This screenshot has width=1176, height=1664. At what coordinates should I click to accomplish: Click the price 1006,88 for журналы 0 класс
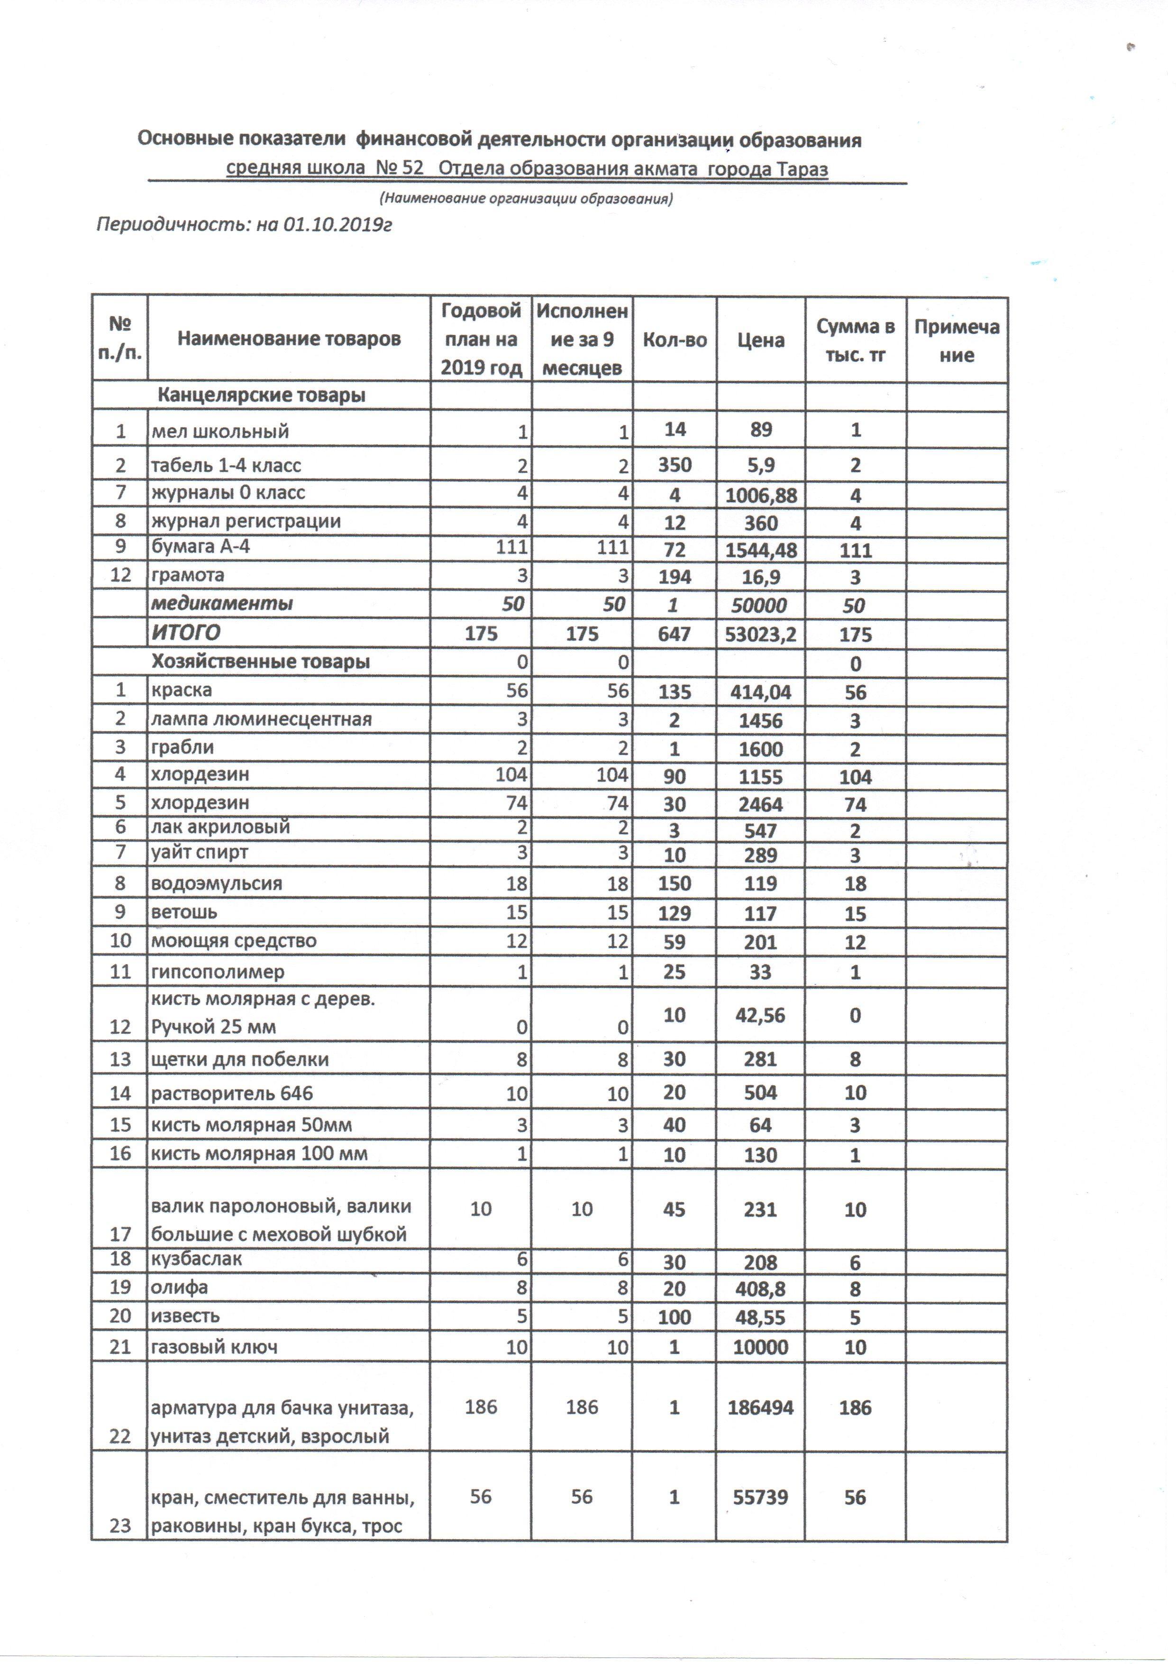760,496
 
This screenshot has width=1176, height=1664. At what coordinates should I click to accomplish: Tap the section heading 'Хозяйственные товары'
260,662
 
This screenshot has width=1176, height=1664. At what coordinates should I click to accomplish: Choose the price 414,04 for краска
760,692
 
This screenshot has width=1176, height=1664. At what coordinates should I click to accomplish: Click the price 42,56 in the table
760,1015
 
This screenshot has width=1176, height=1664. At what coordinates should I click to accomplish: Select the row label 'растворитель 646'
232,1093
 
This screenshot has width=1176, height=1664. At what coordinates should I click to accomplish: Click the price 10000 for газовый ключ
760,1347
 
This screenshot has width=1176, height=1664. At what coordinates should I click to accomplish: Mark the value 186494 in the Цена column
760,1407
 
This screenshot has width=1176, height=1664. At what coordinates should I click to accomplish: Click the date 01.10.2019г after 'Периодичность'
337,225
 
